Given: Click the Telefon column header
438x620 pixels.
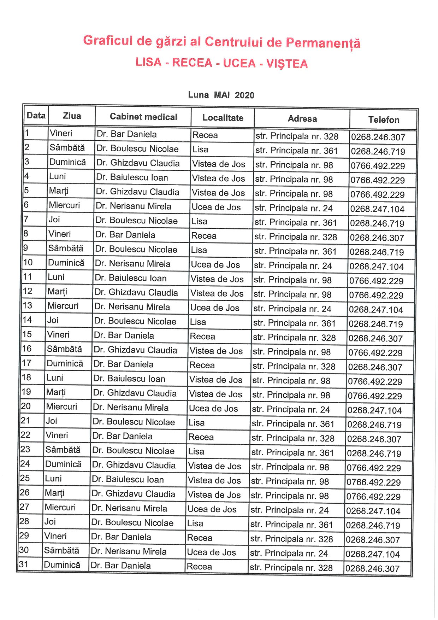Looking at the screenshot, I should (384, 120).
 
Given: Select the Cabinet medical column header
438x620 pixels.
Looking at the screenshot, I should (143, 117).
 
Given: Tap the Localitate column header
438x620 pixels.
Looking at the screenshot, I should (223, 118).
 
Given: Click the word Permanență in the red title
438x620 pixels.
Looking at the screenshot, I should (323, 43).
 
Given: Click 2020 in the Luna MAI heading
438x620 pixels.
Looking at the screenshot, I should (244, 95).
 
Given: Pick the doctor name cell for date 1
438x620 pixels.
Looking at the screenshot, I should (126, 134).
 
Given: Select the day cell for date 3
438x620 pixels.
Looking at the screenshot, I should (67, 162).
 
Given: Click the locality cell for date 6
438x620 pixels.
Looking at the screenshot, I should (216, 207).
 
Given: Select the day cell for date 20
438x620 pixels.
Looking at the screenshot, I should (61, 407).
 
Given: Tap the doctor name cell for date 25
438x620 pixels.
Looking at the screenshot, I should (128, 480).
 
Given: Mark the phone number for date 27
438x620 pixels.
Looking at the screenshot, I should (373, 511).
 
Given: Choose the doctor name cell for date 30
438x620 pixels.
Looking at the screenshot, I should (129, 552).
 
